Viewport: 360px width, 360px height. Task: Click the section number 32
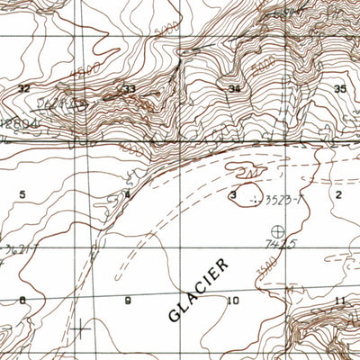[x=24, y=88]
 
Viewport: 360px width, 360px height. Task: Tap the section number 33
[x=130, y=88]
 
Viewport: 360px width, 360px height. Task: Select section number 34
[x=235, y=89]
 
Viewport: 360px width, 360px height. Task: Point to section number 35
[x=340, y=88]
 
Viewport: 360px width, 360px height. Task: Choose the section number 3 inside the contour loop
[x=233, y=194]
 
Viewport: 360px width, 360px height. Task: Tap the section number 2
[x=339, y=193]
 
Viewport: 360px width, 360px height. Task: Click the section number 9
[x=128, y=300]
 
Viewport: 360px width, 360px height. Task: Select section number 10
[x=235, y=300]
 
